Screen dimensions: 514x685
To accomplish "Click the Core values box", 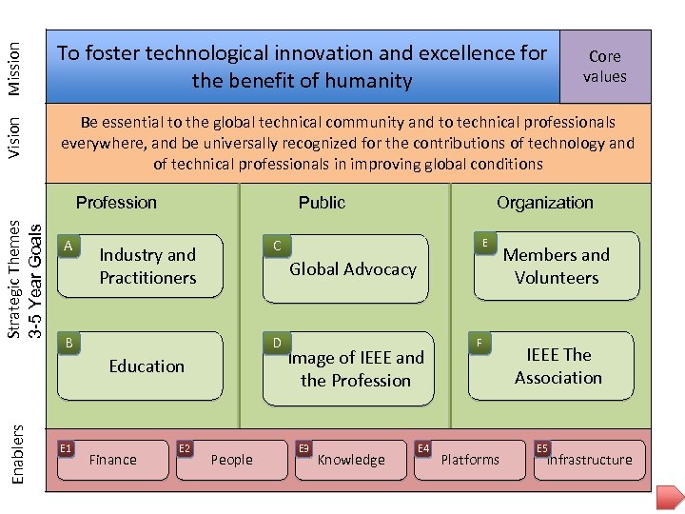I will point(605,67).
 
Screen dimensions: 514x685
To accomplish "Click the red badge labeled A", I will point(68,246).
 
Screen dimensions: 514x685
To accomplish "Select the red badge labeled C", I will point(276,247).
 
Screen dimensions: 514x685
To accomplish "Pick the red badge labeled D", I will point(276,342).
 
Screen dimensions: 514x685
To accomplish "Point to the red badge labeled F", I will point(480,342).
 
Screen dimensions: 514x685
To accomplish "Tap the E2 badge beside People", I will point(186,447).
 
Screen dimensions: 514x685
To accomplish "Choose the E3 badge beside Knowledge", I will point(304,447).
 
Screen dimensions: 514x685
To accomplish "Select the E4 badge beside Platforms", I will point(423,447).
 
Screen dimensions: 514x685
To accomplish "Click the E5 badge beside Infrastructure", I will point(542,447).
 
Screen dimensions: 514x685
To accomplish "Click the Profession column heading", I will point(116,203).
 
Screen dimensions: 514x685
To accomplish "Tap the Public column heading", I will point(322,203).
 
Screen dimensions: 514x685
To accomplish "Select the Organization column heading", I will point(544,203).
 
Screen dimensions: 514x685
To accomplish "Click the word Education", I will point(147,366).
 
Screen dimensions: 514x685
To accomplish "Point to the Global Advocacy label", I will point(353,269).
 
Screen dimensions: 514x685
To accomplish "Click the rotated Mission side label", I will point(16,68).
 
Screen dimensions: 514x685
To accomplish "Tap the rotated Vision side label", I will point(16,138).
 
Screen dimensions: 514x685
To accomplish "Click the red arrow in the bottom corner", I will point(672,498).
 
